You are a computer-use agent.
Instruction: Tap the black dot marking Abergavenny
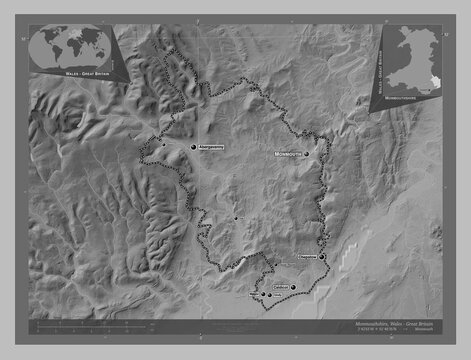tap(194, 147)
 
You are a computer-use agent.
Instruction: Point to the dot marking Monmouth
tap(309, 155)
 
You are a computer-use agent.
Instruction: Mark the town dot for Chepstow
tap(322, 257)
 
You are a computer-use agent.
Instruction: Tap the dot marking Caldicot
tap(294, 287)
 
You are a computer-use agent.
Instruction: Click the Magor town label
tap(252, 295)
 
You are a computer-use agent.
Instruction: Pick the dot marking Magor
tap(262, 295)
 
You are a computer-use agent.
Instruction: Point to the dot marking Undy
tap(269, 295)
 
